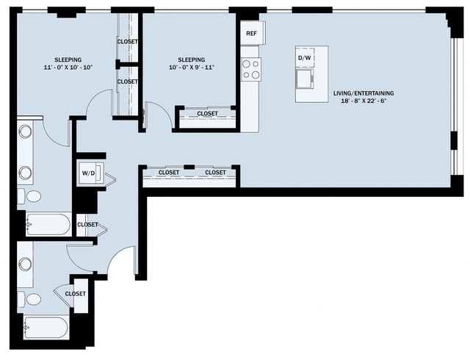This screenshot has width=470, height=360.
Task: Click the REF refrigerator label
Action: coord(251,34)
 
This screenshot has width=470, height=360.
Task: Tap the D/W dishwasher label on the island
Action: coord(304,58)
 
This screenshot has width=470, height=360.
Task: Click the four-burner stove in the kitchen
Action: coord(251,69)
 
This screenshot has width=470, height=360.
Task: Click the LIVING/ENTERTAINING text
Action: coord(364,93)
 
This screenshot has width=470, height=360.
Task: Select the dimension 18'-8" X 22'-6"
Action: coord(364,103)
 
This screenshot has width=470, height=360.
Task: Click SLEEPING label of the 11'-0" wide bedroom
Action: coord(68,60)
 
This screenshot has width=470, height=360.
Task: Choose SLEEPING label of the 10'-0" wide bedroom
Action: coord(190,60)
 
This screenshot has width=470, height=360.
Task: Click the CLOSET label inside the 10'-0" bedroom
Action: coord(206,114)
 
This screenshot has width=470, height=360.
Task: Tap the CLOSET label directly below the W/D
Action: coord(87,225)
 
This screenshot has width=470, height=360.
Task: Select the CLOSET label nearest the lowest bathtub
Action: coord(75,294)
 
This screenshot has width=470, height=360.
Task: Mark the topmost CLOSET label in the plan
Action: coord(127,42)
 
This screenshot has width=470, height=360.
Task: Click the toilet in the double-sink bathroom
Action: coord(32,197)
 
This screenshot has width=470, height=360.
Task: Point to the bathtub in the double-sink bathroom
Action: coord(48,224)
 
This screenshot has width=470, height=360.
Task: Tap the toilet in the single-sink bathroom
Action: coord(32,299)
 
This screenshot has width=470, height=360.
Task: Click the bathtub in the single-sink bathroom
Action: coord(46,327)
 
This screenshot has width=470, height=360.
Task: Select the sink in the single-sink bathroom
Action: coord(25,263)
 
